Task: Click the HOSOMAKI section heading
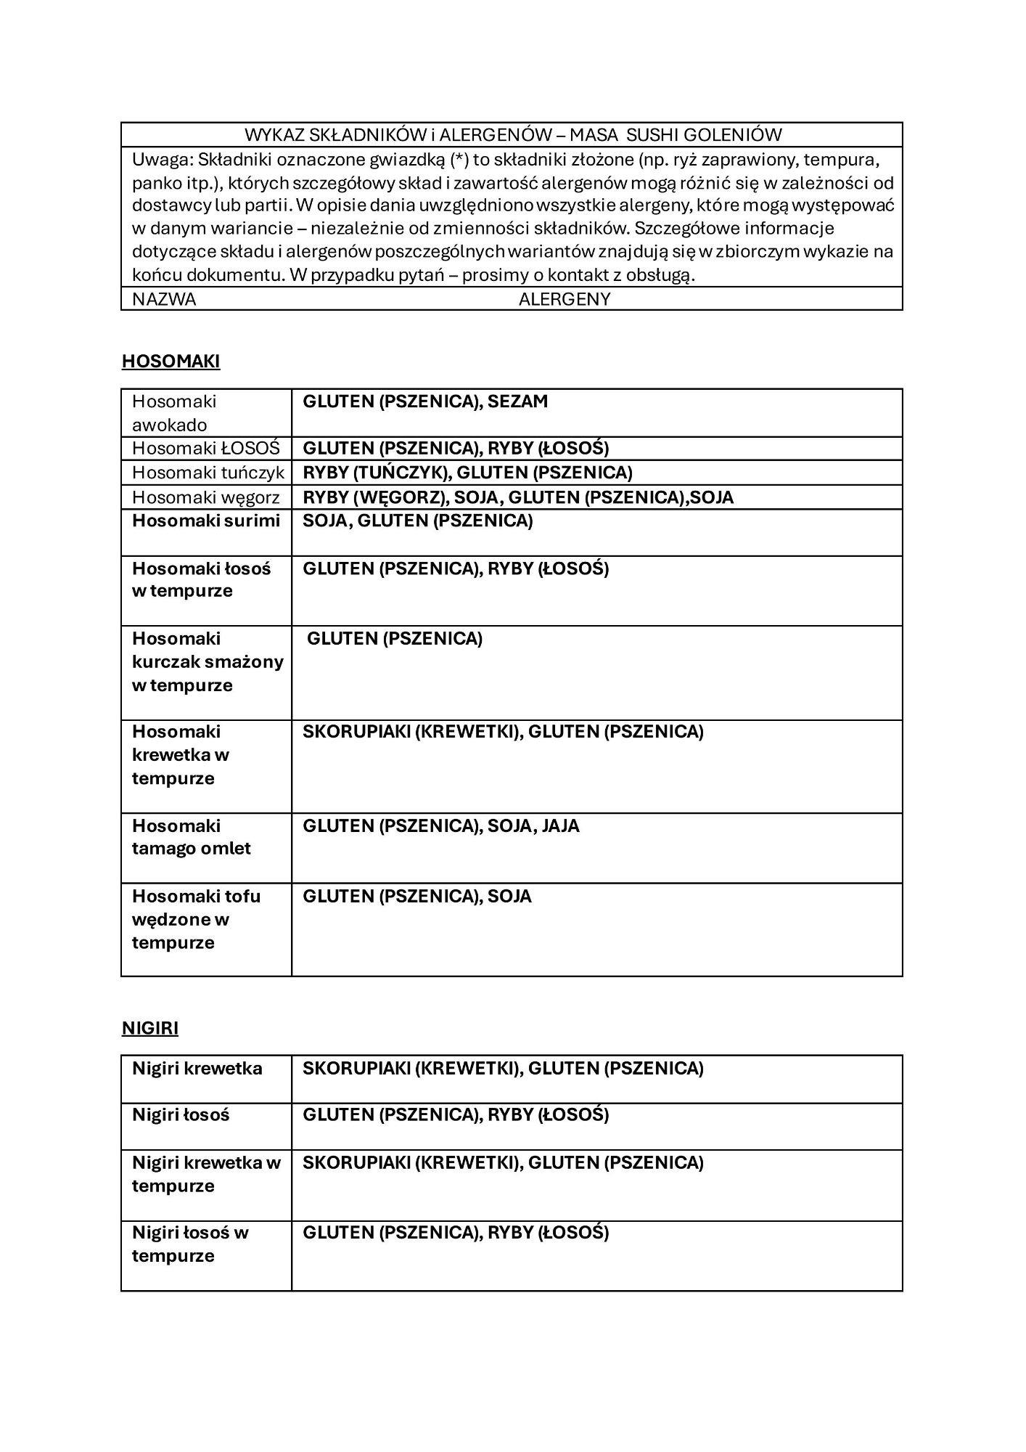[171, 362]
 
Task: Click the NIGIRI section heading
[150, 1028]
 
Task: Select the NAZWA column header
[164, 299]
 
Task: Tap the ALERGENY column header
[565, 299]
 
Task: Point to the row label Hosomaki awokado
[174, 413]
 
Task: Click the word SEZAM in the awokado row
[518, 401]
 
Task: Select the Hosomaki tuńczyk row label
[208, 473]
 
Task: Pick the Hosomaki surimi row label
[206, 521]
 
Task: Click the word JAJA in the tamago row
[560, 825]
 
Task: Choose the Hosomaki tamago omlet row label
[191, 837]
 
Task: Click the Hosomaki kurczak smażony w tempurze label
[208, 661]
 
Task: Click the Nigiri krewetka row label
[197, 1068]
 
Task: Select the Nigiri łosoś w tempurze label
[189, 1244]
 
